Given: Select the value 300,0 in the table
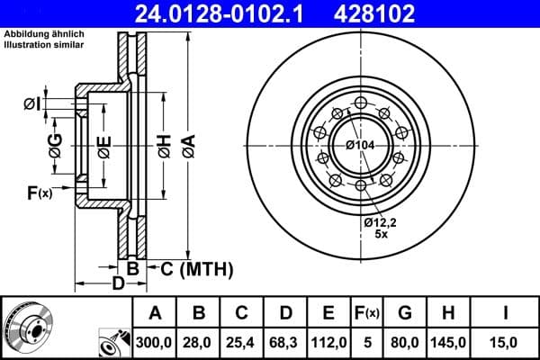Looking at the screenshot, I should tap(155, 342).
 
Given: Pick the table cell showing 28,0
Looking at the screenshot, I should tap(199, 342).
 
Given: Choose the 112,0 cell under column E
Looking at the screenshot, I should tap(330, 342).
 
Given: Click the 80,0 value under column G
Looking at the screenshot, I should tap(405, 342).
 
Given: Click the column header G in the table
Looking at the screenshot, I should tap(405, 313).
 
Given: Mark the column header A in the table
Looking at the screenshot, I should tap(155, 313).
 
